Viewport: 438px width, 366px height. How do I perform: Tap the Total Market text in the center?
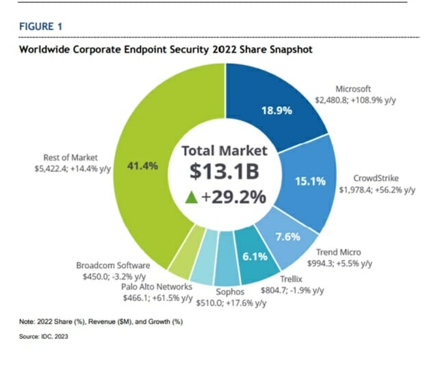(224, 150)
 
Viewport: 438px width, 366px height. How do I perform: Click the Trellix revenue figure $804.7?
(274, 289)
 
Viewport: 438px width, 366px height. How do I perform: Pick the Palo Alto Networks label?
(156, 287)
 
